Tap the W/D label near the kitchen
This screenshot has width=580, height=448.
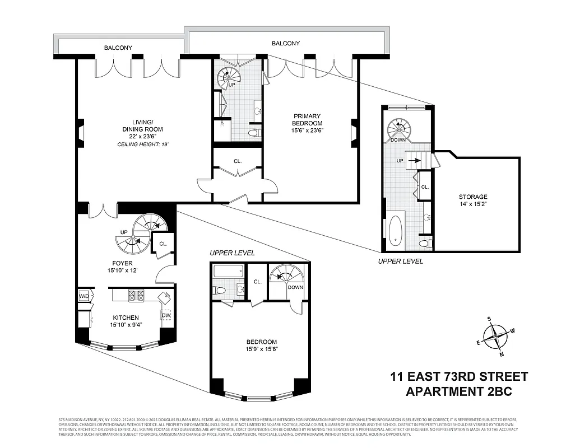point(83,296)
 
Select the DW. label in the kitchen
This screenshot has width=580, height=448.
point(166,315)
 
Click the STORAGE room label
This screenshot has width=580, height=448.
point(473,197)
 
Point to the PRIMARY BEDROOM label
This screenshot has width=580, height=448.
point(307,120)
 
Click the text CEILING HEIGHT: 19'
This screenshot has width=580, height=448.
point(143,144)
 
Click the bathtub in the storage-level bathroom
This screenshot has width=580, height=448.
point(396,230)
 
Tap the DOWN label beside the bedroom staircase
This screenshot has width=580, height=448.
point(295,287)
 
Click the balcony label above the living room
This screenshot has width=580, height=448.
point(118,48)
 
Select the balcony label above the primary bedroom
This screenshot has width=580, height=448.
point(286,43)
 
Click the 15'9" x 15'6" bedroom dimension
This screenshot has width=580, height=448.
point(262,349)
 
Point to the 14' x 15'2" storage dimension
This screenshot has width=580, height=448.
point(473,205)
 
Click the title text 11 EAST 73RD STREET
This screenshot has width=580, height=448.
point(459,376)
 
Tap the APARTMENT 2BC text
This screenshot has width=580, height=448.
point(459,391)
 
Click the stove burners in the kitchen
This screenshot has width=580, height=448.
point(136,295)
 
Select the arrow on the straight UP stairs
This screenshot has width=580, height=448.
point(415,160)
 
